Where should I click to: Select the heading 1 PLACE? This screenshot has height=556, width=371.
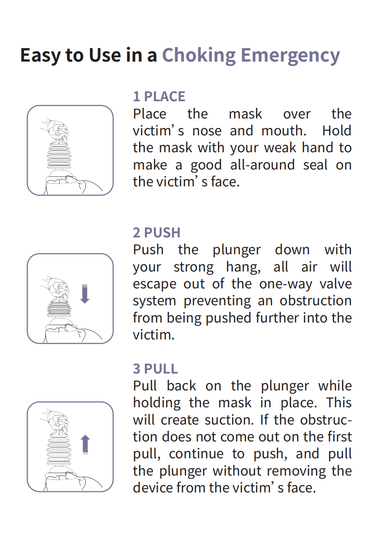(x=159, y=96)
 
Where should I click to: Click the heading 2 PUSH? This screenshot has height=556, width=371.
(x=157, y=233)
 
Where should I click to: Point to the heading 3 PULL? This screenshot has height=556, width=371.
(x=155, y=368)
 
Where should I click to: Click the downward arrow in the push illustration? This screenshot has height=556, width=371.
(x=85, y=294)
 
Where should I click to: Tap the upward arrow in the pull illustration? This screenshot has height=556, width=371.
(x=85, y=444)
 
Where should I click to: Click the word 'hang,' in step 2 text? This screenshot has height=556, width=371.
(x=243, y=268)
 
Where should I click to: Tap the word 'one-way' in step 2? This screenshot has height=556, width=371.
(x=285, y=284)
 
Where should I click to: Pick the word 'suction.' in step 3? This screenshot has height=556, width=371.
(x=229, y=420)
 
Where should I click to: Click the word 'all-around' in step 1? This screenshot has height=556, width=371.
(x=263, y=165)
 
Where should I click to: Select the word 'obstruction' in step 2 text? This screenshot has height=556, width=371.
(x=316, y=301)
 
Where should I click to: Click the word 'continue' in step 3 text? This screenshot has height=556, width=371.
(x=196, y=454)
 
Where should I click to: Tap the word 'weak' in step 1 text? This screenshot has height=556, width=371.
(x=280, y=148)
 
